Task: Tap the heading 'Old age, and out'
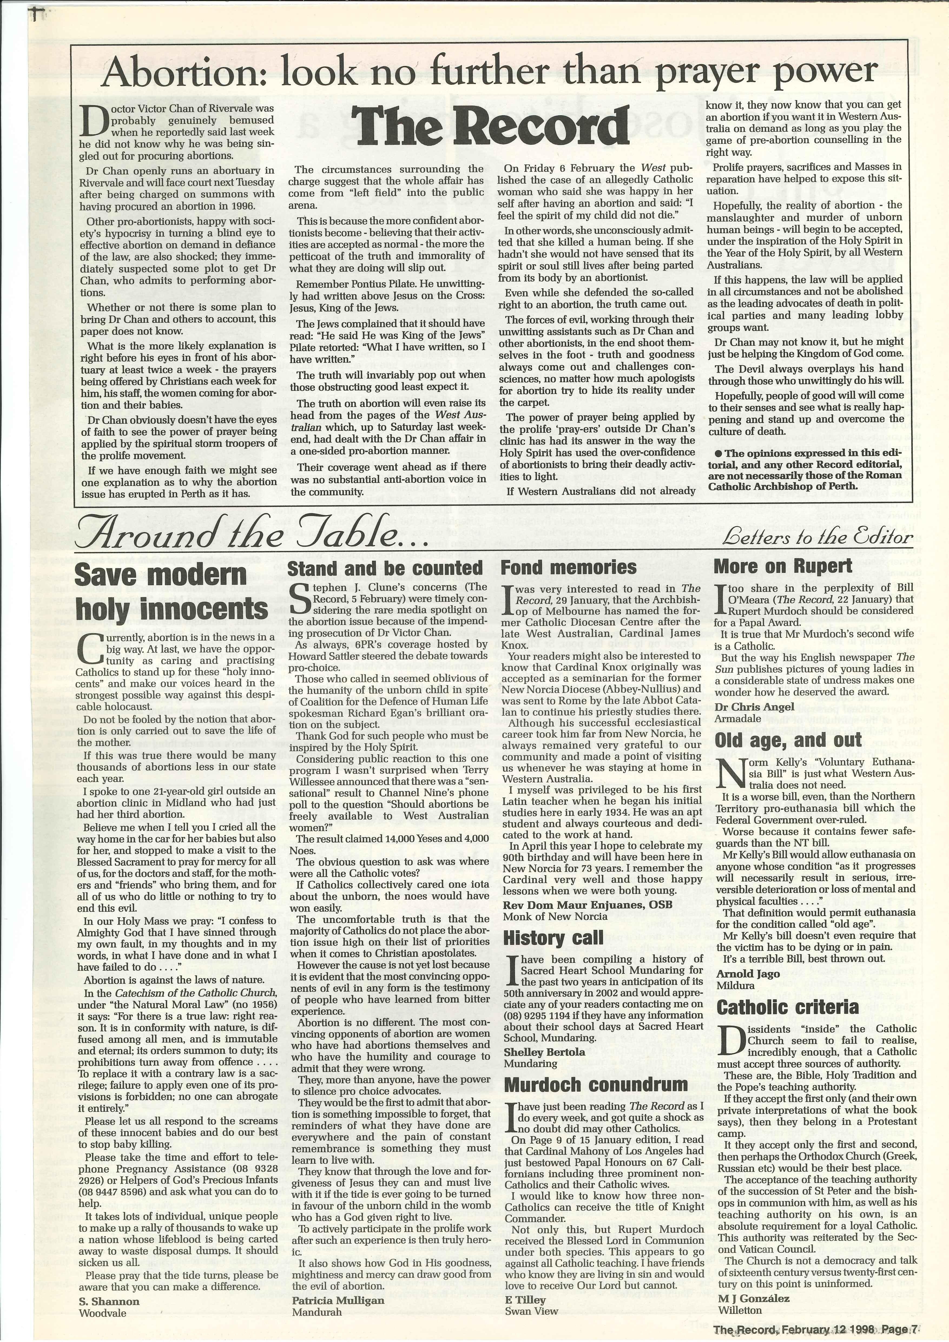pyautogui.click(x=788, y=740)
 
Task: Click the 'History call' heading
pyautogui.click(x=553, y=938)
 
